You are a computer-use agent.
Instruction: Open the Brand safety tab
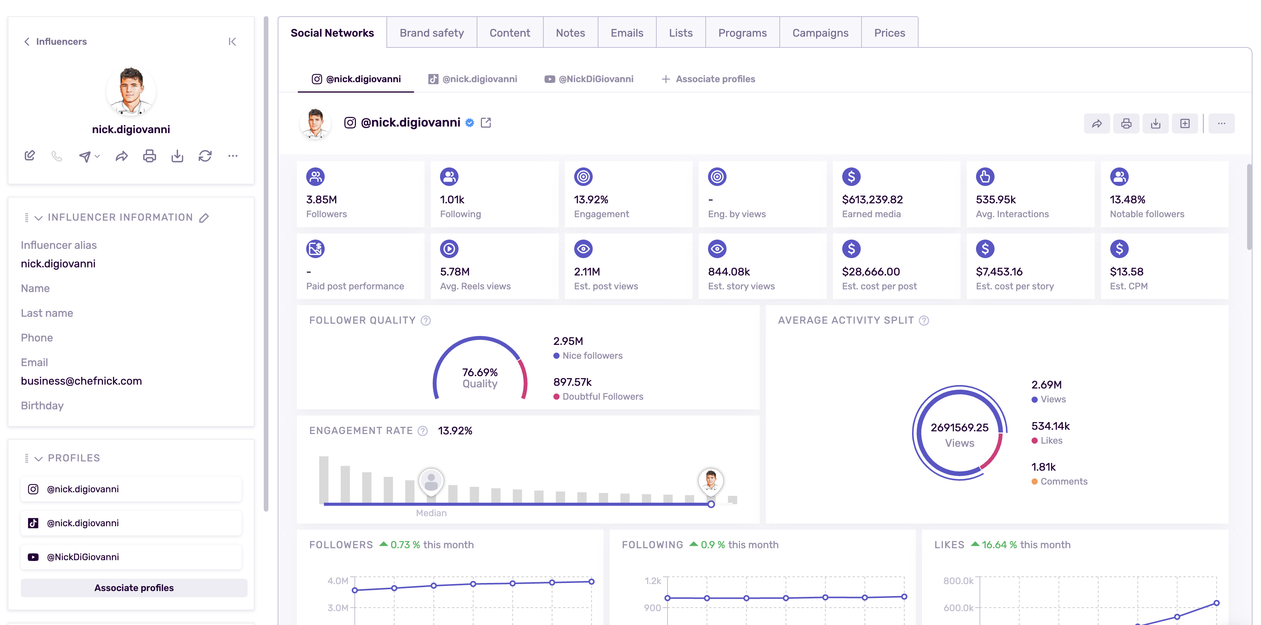pos(431,33)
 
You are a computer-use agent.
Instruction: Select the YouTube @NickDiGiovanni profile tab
pos(589,79)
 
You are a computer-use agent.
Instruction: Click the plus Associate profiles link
pos(708,79)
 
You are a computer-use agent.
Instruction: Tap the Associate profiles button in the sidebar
pos(134,588)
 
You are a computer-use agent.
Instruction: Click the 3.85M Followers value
pos(322,199)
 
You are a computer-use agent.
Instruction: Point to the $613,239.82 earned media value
pos(872,199)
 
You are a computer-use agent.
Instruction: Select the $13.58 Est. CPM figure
pos(1126,271)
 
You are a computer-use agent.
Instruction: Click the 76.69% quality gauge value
pos(479,372)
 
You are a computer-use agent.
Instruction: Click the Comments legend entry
pos(1063,481)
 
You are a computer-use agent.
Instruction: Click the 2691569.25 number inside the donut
pos(959,427)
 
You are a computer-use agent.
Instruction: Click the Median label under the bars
pos(431,512)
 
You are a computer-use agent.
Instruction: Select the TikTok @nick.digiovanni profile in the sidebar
pos(82,523)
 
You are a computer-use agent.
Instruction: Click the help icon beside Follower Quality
pos(425,320)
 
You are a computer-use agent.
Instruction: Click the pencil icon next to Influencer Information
pos(204,218)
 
